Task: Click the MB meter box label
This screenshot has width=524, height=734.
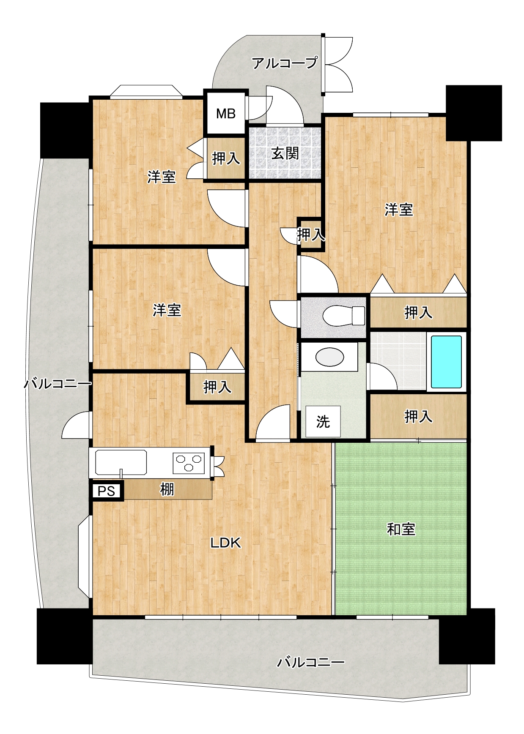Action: [x=226, y=114]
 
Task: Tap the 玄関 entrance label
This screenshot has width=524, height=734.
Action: [x=285, y=153]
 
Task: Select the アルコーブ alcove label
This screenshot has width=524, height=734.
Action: [x=284, y=63]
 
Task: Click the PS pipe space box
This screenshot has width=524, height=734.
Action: [x=106, y=491]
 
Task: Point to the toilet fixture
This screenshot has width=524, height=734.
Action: [x=343, y=316]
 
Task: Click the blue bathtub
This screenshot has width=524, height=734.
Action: [x=446, y=362]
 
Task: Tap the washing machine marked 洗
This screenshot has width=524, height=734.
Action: [x=323, y=421]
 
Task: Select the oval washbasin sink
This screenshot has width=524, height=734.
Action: [x=330, y=357]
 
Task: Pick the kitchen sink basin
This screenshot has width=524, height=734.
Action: [x=121, y=462]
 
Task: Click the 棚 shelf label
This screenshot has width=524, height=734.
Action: [x=167, y=489]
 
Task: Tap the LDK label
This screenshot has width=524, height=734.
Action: [x=226, y=543]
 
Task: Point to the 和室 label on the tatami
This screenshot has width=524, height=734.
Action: [x=401, y=529]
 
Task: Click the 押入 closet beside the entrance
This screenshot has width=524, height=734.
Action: [x=226, y=158]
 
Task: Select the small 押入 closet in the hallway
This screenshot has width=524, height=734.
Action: [x=311, y=235]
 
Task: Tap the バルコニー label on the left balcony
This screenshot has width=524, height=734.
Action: [x=58, y=384]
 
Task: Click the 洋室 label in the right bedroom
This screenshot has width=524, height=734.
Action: [x=399, y=210]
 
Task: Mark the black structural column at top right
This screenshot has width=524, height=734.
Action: [x=474, y=113]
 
